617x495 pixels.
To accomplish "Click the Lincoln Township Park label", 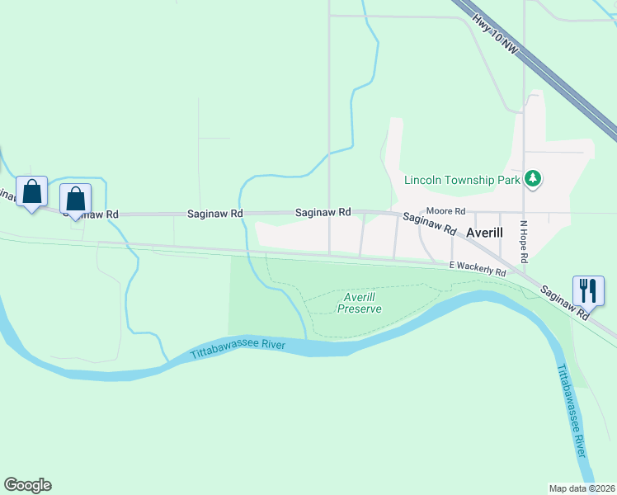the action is [x=462, y=180].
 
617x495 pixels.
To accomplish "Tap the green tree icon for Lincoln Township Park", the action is [x=533, y=178].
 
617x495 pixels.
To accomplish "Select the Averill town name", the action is [x=484, y=233].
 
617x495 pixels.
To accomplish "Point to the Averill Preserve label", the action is [x=360, y=303].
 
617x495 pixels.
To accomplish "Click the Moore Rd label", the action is [x=445, y=211].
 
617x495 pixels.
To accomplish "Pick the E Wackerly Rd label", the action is [x=477, y=268].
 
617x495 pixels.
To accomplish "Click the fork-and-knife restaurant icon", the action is [x=587, y=290].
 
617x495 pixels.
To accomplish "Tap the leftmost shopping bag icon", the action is [x=32, y=192].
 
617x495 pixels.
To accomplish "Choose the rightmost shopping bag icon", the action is [x=75, y=198].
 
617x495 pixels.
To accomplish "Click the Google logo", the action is [x=27, y=485].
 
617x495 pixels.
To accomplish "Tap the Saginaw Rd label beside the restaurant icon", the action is [x=565, y=301].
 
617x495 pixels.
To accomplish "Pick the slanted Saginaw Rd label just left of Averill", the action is [x=429, y=222].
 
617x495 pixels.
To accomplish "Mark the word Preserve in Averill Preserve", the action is [x=360, y=309].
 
